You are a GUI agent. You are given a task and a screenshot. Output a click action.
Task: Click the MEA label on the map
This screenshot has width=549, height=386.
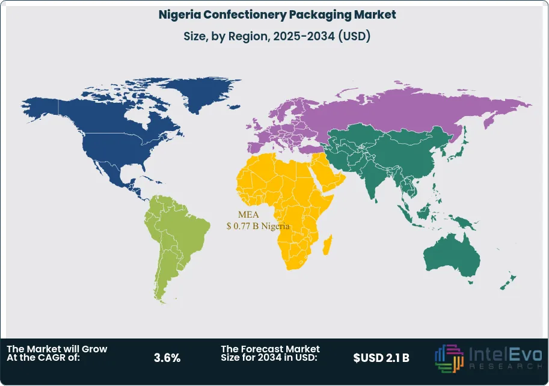(248, 215)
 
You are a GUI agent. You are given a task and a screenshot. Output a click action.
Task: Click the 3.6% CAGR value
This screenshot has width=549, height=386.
(167, 358)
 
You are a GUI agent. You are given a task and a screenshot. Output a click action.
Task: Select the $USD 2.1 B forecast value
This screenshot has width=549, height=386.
(381, 358)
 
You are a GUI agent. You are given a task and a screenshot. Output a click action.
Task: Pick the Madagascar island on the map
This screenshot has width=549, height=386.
(328, 246)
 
